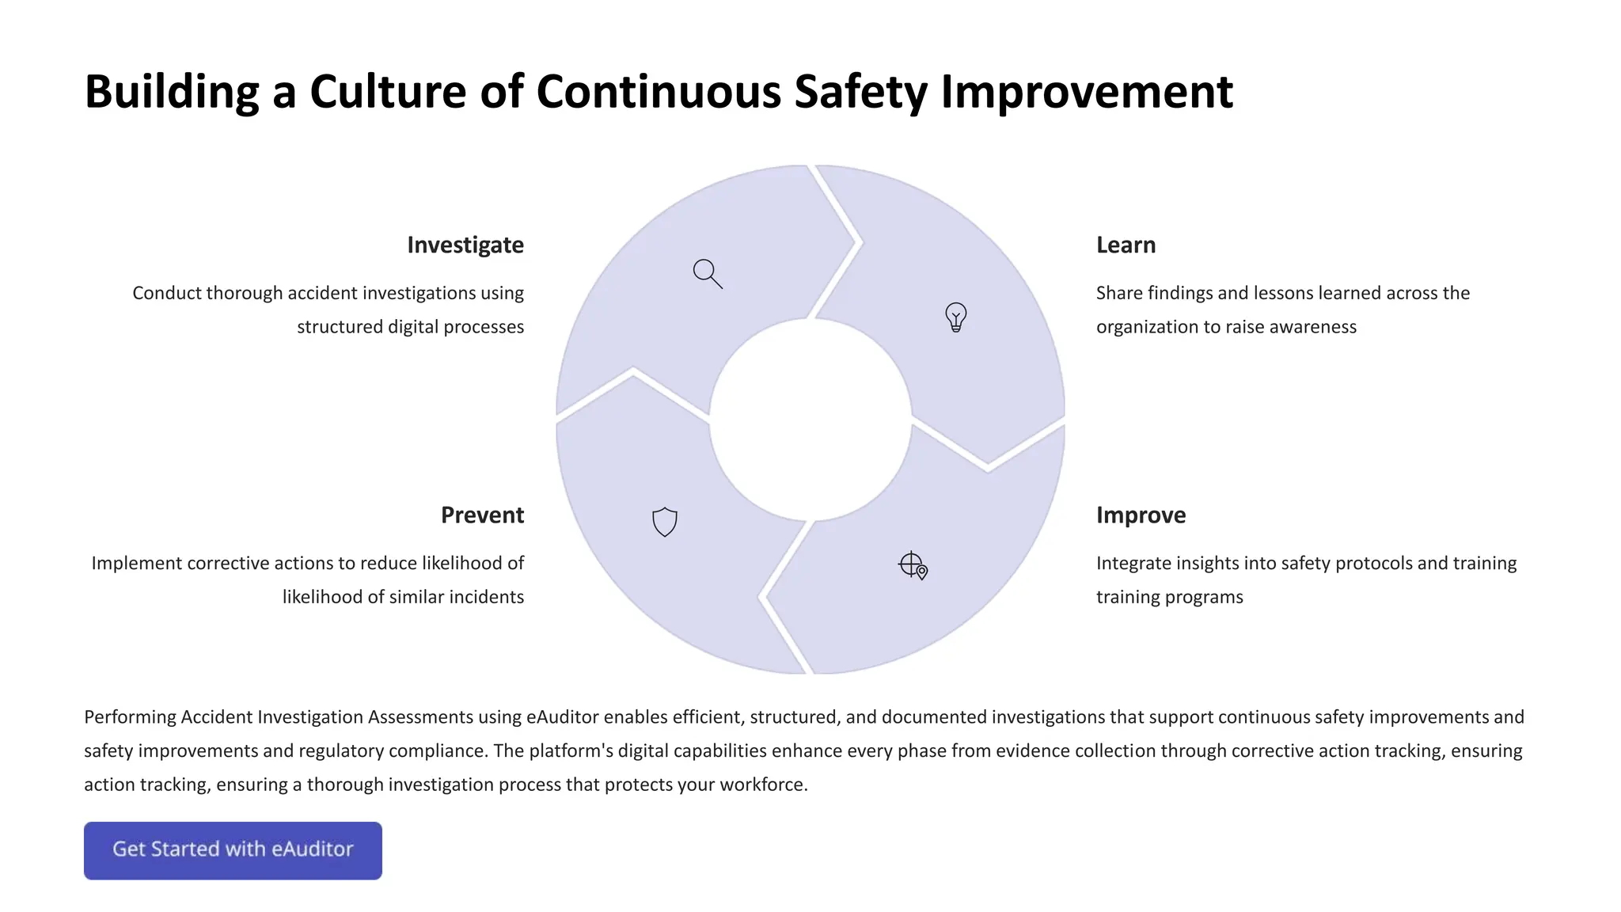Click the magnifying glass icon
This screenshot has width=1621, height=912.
pyautogui.click(x=707, y=273)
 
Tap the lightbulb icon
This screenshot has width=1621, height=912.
pyautogui.click(x=955, y=317)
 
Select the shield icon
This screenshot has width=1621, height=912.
pyautogui.click(x=665, y=522)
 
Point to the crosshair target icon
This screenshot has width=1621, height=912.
pyautogui.click(x=913, y=565)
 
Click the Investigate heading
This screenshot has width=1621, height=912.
pyautogui.click(x=465, y=245)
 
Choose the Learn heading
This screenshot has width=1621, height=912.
pyautogui.click(x=1126, y=245)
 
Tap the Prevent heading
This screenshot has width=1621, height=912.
pyautogui.click(x=482, y=515)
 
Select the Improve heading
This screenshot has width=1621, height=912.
pyautogui.click(x=1141, y=515)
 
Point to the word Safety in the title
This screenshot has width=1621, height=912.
pyautogui.click(x=860, y=92)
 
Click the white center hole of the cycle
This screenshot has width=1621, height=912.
pyautogui.click(x=810, y=420)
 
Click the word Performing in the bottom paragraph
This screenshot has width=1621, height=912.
pyautogui.click(x=130, y=717)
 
